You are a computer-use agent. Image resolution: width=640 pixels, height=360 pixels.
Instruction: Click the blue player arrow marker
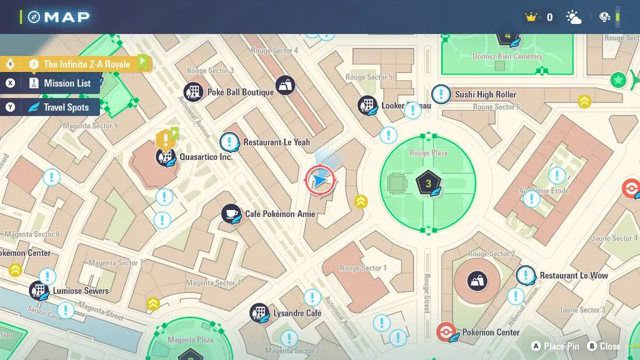pyautogui.click(x=320, y=181)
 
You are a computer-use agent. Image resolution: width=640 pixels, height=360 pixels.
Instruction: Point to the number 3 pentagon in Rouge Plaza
pyautogui.click(x=428, y=183)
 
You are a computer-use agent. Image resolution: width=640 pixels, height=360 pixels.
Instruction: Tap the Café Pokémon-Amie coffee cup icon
pyautogui.click(x=231, y=214)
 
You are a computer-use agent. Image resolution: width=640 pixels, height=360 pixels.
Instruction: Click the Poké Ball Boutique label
pyautogui.click(x=241, y=92)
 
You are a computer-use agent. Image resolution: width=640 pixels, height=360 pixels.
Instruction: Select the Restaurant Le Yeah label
pyautogui.click(x=276, y=142)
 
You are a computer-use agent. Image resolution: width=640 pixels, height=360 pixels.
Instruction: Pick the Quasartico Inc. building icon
pyautogui.click(x=166, y=157)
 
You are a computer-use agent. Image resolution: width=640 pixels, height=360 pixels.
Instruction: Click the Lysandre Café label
pyautogui.click(x=297, y=312)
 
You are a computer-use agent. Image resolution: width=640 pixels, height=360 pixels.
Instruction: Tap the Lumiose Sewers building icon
pyautogui.click(x=39, y=291)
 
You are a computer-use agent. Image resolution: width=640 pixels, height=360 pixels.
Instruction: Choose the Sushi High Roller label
pyautogui.click(x=486, y=94)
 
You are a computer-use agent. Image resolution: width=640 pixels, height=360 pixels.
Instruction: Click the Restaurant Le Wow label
pyautogui.click(x=574, y=276)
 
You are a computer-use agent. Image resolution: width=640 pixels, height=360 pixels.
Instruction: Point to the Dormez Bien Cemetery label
pyautogui.click(x=507, y=57)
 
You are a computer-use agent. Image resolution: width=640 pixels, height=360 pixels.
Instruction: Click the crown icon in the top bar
pyautogui.click(x=532, y=17)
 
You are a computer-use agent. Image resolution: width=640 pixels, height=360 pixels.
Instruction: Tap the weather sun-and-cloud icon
pyautogui.click(x=573, y=17)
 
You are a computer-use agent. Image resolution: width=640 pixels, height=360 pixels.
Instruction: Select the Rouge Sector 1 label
pyautogui.click(x=363, y=268)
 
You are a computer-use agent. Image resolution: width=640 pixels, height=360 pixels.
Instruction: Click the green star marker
pyautogui.click(x=618, y=80)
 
